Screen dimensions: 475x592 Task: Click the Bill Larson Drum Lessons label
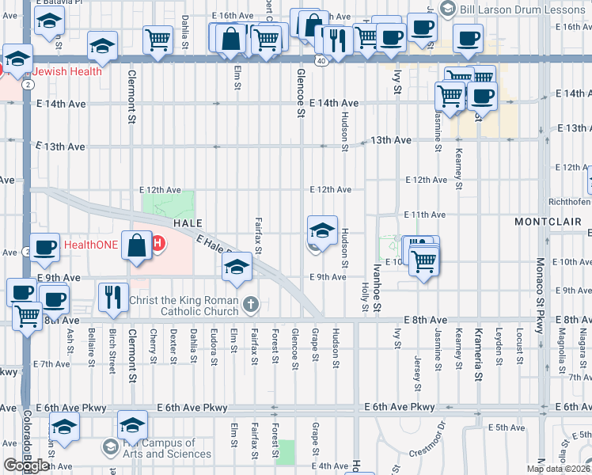point(522,8)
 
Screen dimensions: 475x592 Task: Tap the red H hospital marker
point(157,244)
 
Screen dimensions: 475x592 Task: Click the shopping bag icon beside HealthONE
point(137,245)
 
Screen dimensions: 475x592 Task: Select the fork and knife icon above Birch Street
point(113,297)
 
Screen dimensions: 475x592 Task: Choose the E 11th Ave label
point(425,215)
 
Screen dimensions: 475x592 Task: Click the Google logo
point(26,465)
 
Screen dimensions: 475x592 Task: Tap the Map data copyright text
point(559,469)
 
